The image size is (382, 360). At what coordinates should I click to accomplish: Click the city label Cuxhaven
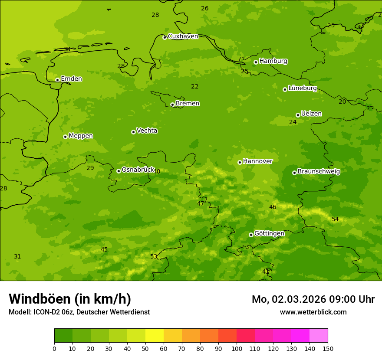click(x=183, y=36)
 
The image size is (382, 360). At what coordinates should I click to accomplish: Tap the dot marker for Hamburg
click(x=256, y=62)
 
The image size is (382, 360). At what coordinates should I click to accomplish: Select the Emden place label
click(x=71, y=79)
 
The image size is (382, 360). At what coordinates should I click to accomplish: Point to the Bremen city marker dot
click(x=172, y=105)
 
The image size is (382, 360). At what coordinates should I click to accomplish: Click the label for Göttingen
click(x=269, y=233)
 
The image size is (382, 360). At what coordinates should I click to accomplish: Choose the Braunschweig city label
click(x=319, y=171)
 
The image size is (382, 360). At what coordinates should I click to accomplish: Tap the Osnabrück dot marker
click(x=119, y=171)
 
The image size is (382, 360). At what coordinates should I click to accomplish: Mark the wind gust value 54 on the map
click(x=335, y=219)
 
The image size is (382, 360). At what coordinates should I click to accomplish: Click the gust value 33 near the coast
click(x=67, y=49)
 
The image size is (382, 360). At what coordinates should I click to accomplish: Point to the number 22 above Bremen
click(x=195, y=87)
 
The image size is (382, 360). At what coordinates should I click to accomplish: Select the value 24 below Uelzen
click(x=293, y=122)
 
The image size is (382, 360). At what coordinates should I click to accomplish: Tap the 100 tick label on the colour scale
click(x=237, y=348)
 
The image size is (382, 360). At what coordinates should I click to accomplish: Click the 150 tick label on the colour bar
click(x=328, y=348)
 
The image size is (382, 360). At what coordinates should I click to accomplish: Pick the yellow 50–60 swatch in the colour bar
click(x=155, y=336)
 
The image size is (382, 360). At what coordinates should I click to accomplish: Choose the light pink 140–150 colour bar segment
click(x=319, y=336)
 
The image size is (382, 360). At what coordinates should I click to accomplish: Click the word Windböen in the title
click(x=40, y=299)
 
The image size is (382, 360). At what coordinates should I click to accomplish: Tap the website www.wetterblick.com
click(x=313, y=312)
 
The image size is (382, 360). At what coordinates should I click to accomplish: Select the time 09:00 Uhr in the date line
click(x=352, y=299)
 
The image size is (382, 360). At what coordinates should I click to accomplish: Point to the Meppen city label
click(x=81, y=136)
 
